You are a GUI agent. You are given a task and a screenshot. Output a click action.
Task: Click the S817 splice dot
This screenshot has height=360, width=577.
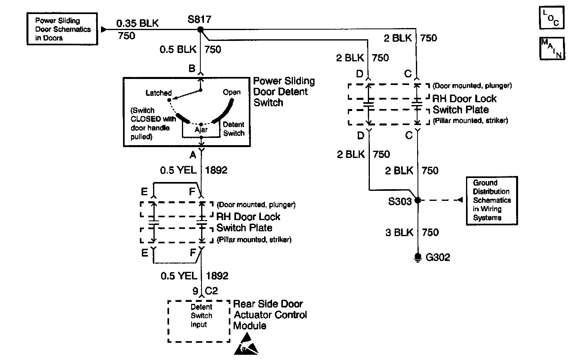tap(200, 30)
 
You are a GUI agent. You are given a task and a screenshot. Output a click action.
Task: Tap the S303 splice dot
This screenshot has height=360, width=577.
tap(418, 200)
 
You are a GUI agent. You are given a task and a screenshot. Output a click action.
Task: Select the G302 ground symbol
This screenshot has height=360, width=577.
tap(418, 257)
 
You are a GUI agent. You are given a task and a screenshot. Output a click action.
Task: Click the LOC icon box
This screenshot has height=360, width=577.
tap(551, 18)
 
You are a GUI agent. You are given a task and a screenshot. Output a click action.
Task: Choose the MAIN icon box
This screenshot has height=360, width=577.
tap(552, 49)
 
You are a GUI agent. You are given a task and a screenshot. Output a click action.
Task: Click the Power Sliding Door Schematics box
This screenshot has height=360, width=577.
tap(62, 29)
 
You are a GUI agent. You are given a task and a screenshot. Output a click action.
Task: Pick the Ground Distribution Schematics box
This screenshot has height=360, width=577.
tap(492, 200)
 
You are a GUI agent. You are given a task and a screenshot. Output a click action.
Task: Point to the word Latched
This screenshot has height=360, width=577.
tap(158, 93)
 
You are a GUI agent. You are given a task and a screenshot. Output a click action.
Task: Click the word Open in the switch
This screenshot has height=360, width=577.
tap(232, 92)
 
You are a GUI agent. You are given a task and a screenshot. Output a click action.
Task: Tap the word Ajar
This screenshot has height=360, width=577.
tap(201, 129)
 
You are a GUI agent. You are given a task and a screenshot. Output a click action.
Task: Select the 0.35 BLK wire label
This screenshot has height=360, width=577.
tap(137, 23)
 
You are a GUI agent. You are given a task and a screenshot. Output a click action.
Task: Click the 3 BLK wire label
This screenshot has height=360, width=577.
tap(399, 233)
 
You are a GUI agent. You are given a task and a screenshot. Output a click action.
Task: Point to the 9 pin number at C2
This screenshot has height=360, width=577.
tap(195, 291)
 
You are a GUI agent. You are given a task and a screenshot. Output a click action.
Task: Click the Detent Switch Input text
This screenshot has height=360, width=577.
tap(201, 316)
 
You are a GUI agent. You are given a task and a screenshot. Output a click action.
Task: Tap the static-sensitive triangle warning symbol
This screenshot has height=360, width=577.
tap(246, 344)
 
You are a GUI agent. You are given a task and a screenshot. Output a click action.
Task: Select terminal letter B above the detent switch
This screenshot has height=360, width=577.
tap(192, 69)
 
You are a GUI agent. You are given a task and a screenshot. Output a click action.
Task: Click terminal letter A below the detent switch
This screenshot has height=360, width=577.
tap(193, 155)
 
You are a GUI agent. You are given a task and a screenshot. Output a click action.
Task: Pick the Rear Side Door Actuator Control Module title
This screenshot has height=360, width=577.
tap(270, 315)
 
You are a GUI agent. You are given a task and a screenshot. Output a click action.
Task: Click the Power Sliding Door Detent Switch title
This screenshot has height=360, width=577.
tap(284, 92)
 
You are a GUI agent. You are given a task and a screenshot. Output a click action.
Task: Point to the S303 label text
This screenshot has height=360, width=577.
tap(400, 202)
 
